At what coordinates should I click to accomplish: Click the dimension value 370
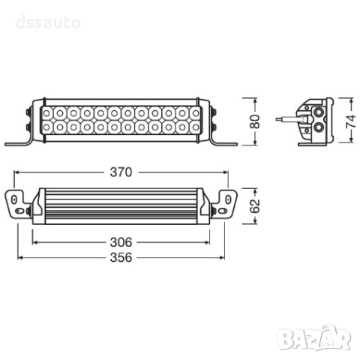(x=121, y=172)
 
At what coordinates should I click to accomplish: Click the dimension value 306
(x=121, y=243)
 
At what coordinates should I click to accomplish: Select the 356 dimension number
(x=121, y=257)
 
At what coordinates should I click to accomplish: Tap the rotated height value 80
(x=254, y=121)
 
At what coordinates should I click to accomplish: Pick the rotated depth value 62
(x=254, y=204)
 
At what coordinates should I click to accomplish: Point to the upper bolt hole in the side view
(x=319, y=111)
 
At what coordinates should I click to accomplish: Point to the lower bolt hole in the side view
(x=319, y=128)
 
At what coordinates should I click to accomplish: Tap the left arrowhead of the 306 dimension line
(x=34, y=243)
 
